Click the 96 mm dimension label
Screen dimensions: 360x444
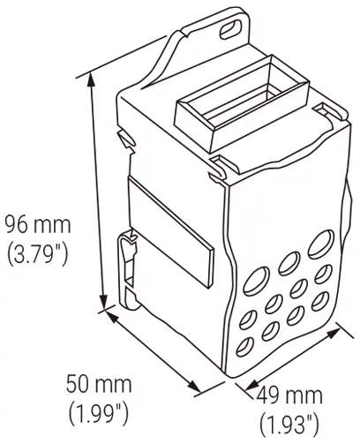[39, 225]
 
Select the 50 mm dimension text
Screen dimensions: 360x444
[99, 384]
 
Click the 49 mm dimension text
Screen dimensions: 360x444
[289, 395]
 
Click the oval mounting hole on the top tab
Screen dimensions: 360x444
[230, 29]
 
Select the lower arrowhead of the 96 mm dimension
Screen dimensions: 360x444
[103, 301]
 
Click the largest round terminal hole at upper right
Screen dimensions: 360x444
[321, 243]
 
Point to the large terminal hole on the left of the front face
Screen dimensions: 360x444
[256, 280]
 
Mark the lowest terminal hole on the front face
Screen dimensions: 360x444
[245, 347]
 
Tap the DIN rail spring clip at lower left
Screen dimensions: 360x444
[129, 269]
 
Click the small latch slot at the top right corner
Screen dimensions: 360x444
[324, 109]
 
